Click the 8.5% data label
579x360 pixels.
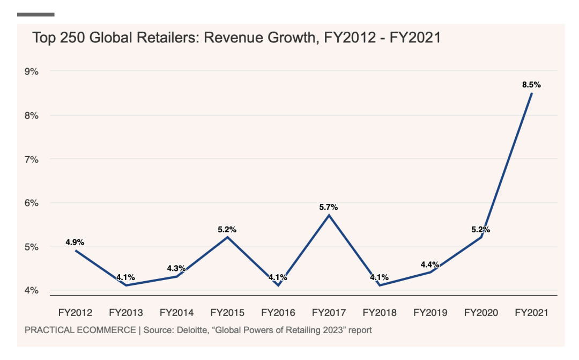pyautogui.click(x=531, y=85)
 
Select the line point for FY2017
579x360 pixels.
pyautogui.click(x=329, y=215)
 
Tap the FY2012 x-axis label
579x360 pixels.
pyautogui.click(x=76, y=312)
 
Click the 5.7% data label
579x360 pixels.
pyautogui.click(x=329, y=207)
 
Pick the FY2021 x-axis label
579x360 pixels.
pyautogui.click(x=531, y=312)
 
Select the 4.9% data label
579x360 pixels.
pyautogui.click(x=76, y=242)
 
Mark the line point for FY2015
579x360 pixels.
pyautogui.click(x=227, y=237)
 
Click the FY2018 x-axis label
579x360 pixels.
pyautogui.click(x=380, y=312)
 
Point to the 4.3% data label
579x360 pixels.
pyautogui.click(x=176, y=268)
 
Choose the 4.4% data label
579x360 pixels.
pyautogui.click(x=430, y=265)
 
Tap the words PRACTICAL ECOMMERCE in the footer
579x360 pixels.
pyautogui.click(x=80, y=330)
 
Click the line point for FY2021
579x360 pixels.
pyautogui.click(x=531, y=93)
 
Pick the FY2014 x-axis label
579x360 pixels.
pyautogui.click(x=177, y=312)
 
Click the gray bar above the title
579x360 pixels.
pyautogui.click(x=36, y=14)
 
